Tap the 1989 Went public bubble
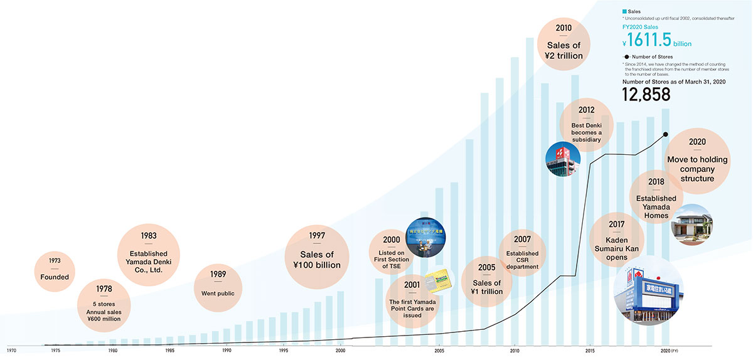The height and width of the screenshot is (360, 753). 218,287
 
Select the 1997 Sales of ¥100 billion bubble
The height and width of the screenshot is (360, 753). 317,257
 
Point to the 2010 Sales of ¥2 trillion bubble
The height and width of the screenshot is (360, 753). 563,45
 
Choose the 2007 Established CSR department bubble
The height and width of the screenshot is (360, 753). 522,253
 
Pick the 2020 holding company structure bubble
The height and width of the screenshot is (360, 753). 697,164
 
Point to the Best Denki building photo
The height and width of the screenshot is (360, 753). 563,160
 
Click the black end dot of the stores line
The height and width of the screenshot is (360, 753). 665,134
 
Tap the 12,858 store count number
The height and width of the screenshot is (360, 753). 646,95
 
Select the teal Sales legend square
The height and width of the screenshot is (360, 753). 625,11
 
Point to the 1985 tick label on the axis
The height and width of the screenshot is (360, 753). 169,351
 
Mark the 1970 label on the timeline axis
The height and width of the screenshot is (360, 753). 11,350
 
